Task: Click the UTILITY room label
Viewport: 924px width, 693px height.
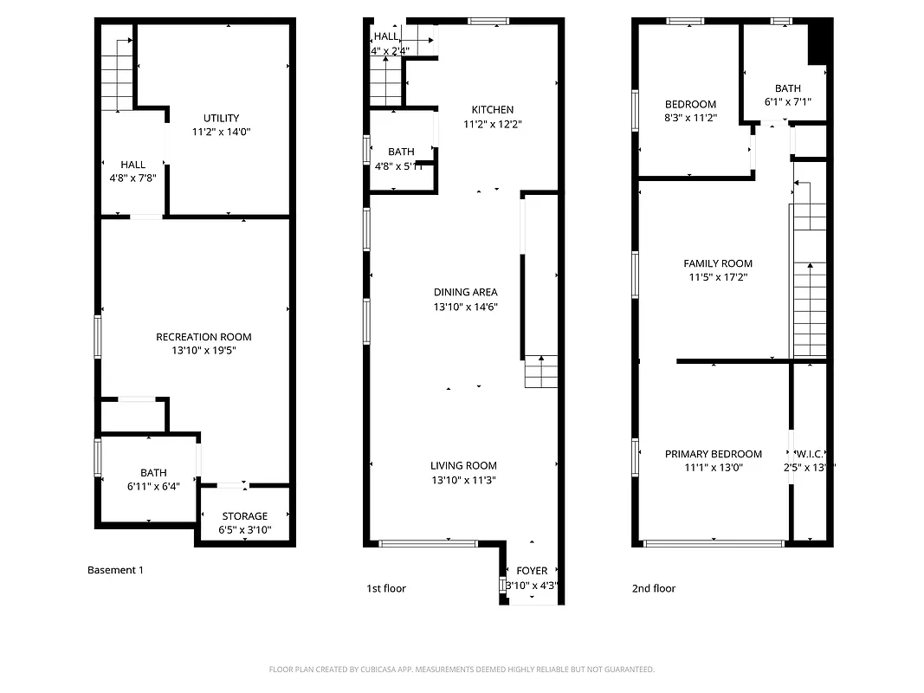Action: (221, 119)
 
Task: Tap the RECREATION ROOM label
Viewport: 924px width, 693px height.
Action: (204, 337)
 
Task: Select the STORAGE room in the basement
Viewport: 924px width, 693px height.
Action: (245, 516)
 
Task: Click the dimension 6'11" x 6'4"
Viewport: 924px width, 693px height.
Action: (153, 487)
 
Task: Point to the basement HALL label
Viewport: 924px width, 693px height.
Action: (132, 165)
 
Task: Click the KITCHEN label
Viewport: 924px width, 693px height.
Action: (492, 110)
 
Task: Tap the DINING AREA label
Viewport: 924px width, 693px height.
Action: (465, 293)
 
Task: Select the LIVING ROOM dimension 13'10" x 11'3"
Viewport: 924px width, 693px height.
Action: (463, 480)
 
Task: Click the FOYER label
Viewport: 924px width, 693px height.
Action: (532, 571)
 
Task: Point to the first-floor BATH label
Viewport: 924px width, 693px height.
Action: (401, 152)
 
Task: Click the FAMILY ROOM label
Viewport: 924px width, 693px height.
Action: (718, 263)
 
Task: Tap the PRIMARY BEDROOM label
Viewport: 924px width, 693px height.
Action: (714, 454)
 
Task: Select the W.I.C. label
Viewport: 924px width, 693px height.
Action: (810, 454)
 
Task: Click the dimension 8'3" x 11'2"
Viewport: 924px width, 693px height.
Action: (690, 119)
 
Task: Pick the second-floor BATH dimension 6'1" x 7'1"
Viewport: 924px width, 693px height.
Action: (787, 102)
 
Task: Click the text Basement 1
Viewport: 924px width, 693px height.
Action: (115, 570)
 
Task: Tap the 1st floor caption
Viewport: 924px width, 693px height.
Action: (385, 588)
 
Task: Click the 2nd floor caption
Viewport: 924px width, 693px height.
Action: (653, 588)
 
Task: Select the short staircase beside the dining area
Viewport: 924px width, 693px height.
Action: (541, 372)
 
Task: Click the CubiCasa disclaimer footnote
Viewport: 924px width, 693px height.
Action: (462, 669)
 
